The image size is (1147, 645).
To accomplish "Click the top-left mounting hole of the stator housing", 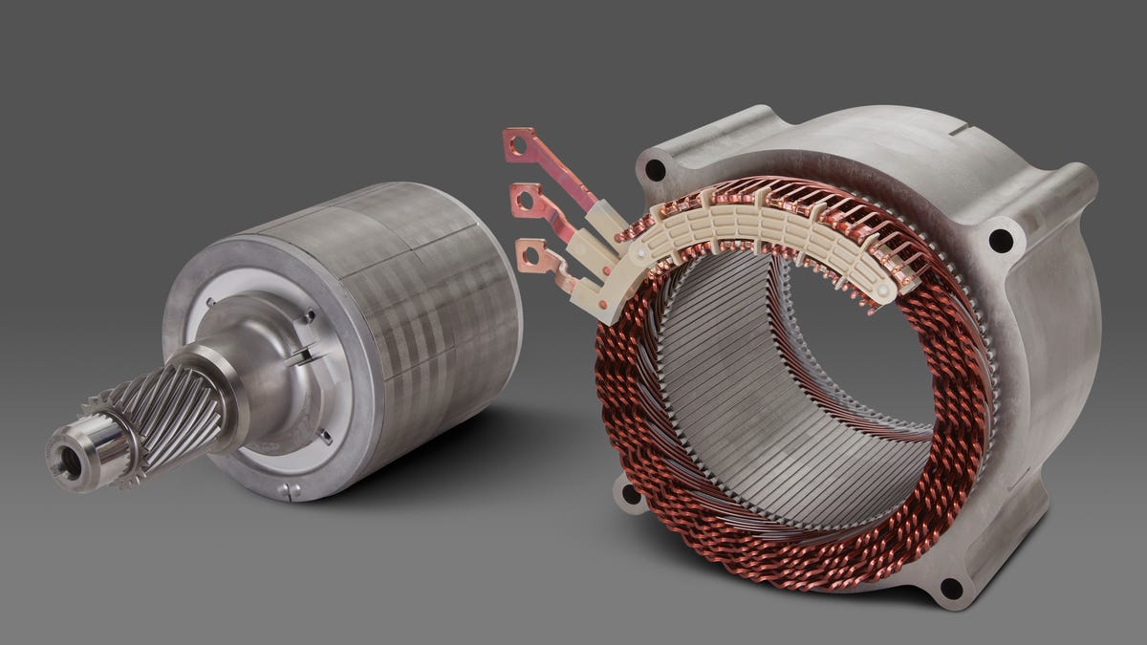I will coord(655,170).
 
